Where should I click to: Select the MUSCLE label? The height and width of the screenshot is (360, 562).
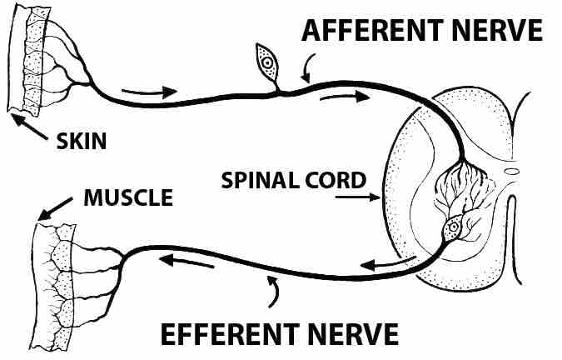tap(129, 198)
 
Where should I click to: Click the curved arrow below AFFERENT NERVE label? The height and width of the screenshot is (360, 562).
tap(309, 64)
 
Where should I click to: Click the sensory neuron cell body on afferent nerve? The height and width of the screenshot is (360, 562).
tap(266, 62)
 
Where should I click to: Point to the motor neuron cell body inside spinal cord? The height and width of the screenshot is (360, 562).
tap(454, 225)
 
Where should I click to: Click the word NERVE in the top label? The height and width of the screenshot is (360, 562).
tap(501, 31)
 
